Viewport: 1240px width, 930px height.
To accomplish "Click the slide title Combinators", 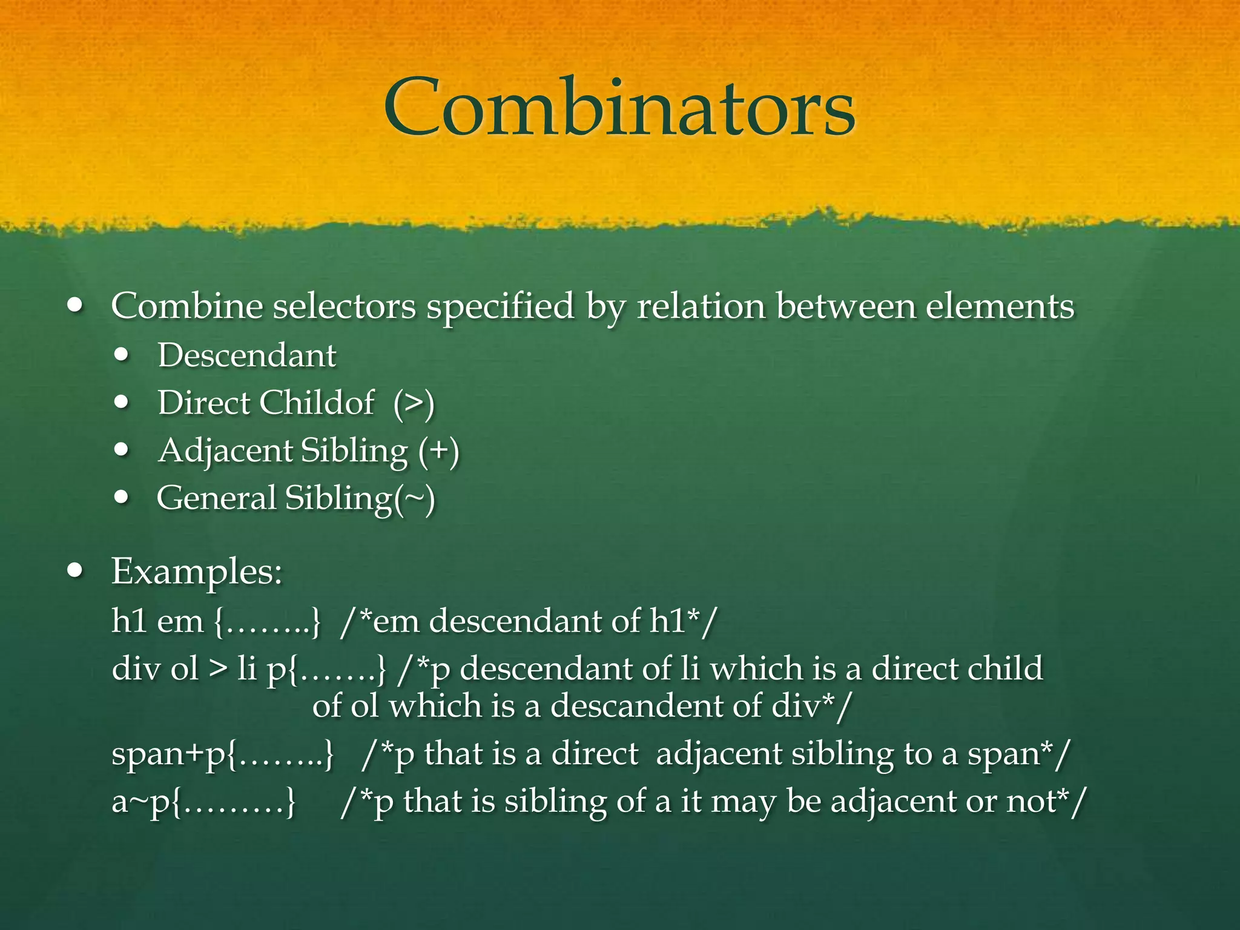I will point(619,109).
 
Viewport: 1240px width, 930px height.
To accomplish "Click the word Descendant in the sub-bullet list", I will point(246,355).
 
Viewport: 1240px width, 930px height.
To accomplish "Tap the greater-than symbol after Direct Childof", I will point(414,403).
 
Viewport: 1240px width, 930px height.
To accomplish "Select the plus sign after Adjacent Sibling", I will point(439,451).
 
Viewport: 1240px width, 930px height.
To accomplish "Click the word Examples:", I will point(197,571).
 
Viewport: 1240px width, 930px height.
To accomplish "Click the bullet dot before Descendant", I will point(122,355).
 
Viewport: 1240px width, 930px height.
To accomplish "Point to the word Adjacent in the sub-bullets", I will point(225,451).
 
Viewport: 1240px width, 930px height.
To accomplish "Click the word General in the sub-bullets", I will point(216,498).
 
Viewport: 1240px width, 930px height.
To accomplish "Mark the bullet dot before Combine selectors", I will point(75,306).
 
